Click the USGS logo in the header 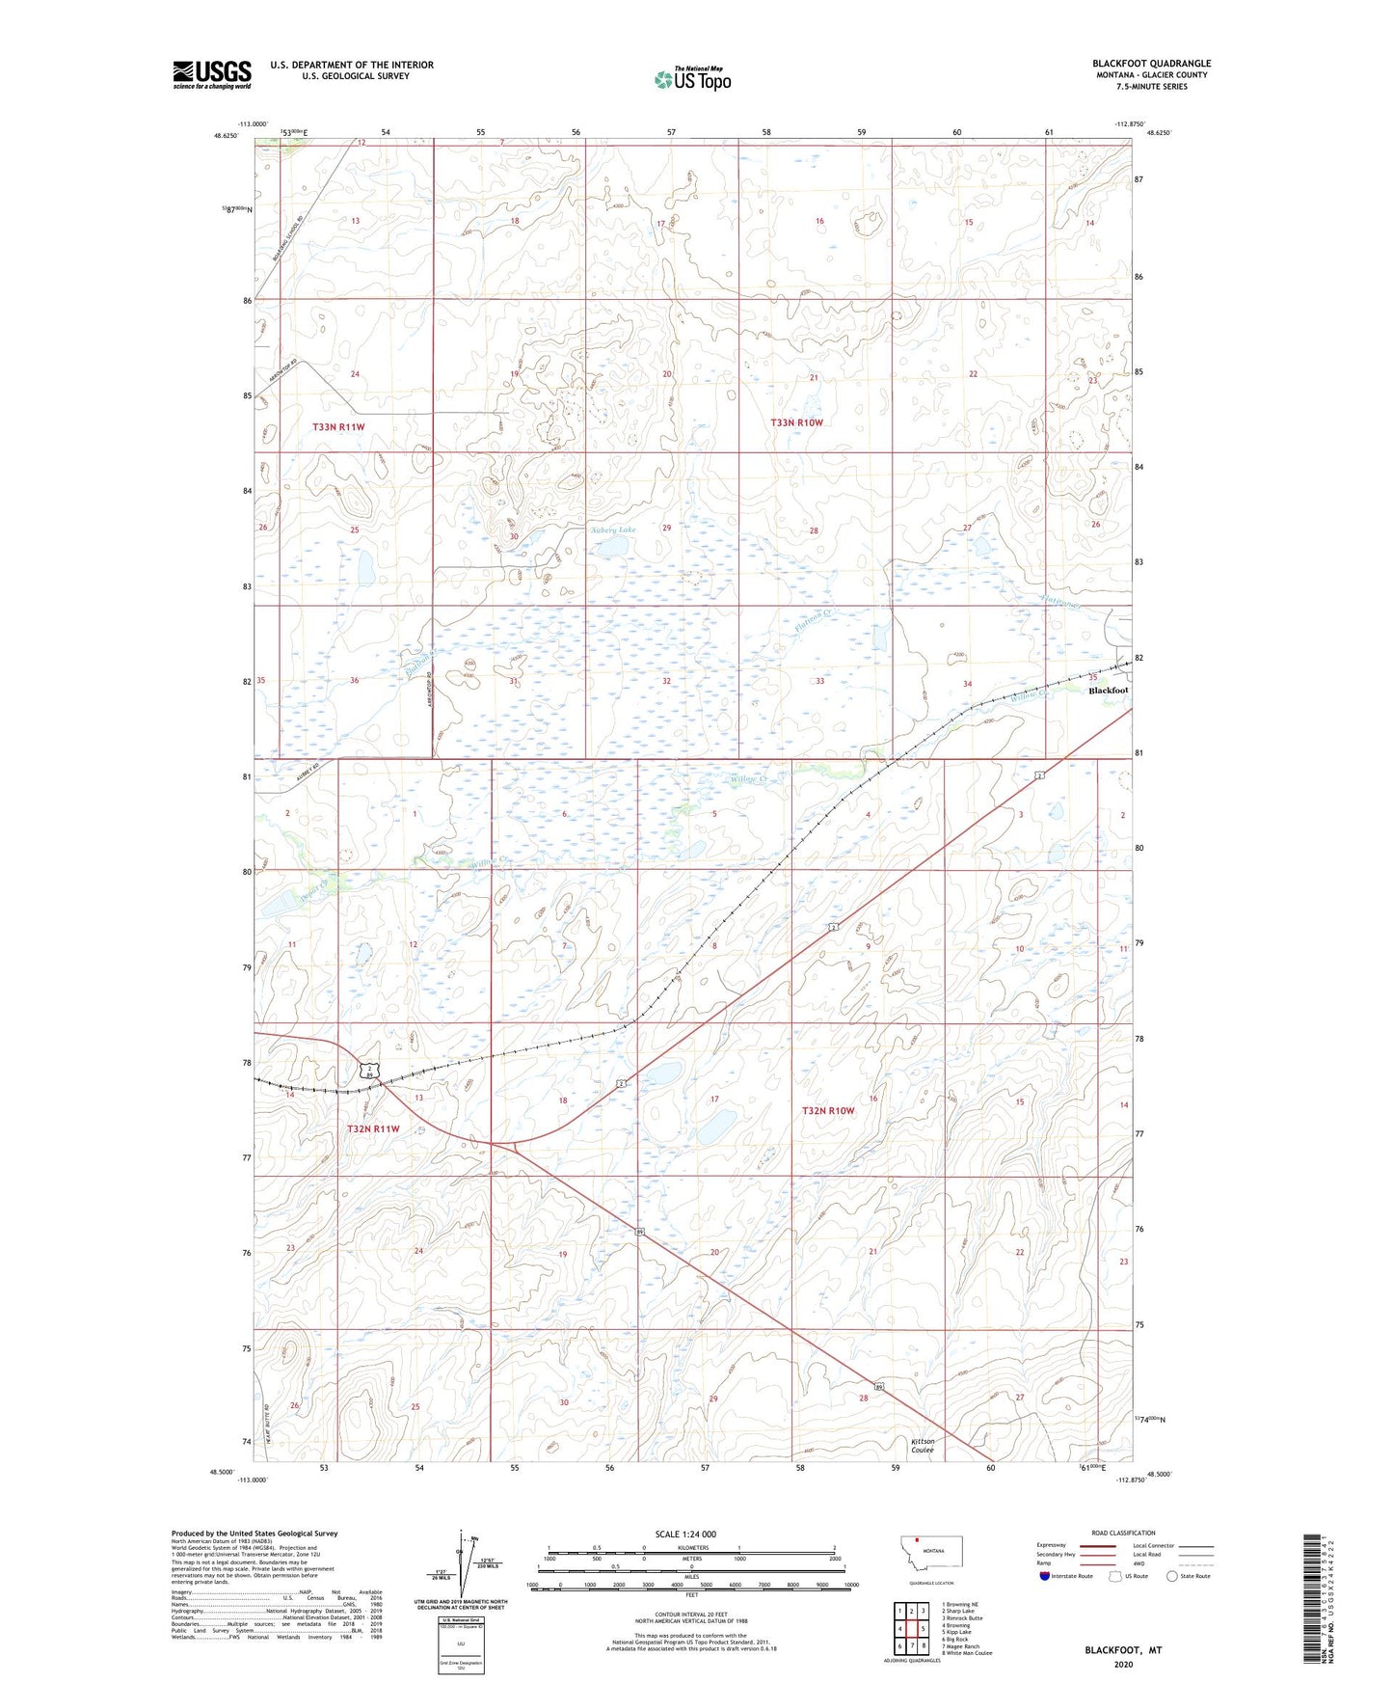point(212,74)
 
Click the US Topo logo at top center point(692,78)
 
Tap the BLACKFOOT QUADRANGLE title point(1151,64)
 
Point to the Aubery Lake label point(613,530)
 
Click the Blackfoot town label point(1108,691)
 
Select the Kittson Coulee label point(923,1445)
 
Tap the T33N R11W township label point(338,426)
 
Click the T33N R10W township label point(796,422)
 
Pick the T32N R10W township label point(828,1110)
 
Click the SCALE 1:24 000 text point(685,1534)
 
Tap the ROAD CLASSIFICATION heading point(1123,1533)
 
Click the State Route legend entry point(1188,1576)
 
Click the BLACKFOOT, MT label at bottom point(1123,1650)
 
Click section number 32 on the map point(666,681)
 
